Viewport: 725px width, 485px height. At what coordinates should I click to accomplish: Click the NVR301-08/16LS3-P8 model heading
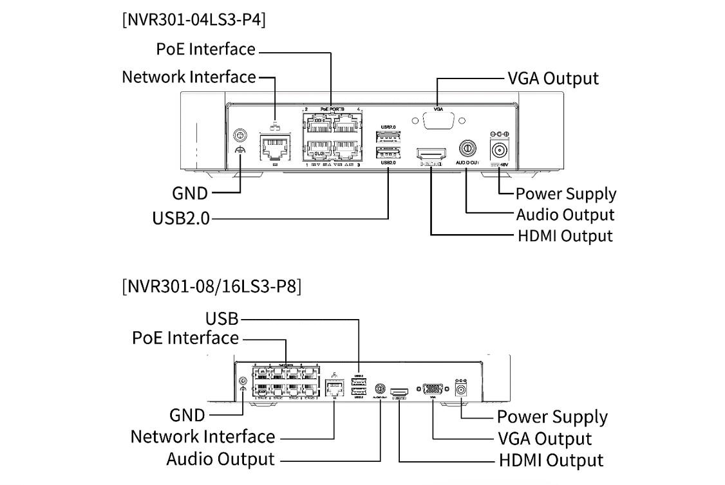coord(211,285)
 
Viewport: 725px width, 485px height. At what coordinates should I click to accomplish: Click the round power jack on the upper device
coord(500,151)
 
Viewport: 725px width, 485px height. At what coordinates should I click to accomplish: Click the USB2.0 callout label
coord(181,218)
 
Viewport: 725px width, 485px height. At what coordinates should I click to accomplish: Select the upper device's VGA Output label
coord(552,78)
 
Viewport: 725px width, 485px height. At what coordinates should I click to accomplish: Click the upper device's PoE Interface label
coord(205,49)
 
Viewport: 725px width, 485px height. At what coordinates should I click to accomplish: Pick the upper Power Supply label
coord(565,194)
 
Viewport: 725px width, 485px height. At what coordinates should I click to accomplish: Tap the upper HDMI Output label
coord(565,235)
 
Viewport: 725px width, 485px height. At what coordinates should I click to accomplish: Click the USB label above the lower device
coord(221,318)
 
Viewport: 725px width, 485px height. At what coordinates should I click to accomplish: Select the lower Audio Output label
coord(220,459)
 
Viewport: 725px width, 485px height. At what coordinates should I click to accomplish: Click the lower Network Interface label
coord(202,436)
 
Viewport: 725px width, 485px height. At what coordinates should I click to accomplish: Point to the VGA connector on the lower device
coord(433,389)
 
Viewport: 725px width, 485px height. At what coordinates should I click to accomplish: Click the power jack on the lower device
coord(461,389)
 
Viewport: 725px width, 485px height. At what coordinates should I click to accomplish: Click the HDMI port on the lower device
coord(399,391)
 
